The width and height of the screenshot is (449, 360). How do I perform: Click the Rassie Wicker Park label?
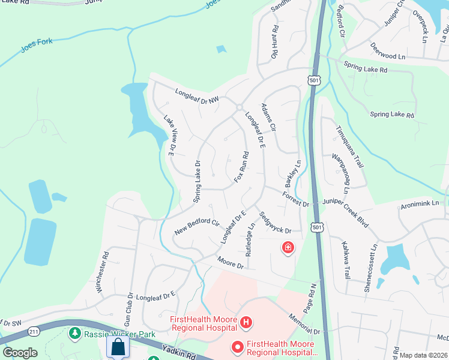coord(119,334)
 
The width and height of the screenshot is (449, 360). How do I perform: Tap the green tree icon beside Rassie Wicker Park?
coord(75,332)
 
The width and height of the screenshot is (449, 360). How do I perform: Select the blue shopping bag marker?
coord(117,347)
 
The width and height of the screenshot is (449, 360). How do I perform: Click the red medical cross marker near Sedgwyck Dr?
coord(288,247)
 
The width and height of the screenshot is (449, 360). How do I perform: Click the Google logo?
coord(20,353)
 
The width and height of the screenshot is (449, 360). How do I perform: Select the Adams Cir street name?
coord(268,117)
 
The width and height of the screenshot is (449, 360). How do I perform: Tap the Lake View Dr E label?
coord(169,135)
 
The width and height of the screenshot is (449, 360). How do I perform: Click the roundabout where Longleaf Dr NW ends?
coord(239,107)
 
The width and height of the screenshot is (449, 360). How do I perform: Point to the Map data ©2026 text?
coord(423,355)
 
